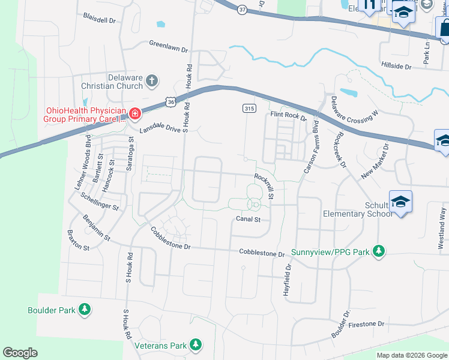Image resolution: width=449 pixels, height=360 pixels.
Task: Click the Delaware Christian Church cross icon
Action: click(x=152, y=80)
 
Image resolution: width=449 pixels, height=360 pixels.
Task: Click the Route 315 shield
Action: click(x=249, y=107)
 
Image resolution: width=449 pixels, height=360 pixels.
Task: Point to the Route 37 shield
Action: click(x=241, y=10)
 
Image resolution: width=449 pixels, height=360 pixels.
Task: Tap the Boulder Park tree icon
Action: click(x=85, y=310)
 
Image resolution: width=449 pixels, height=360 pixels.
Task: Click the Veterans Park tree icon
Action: click(x=195, y=345)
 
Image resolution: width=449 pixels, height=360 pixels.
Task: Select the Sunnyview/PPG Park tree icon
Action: click(x=378, y=251)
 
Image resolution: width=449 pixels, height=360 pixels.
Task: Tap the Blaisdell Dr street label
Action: click(x=99, y=19)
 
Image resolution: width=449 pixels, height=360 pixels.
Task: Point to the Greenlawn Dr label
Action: click(x=168, y=45)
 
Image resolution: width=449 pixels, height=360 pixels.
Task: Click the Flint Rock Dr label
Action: click(x=288, y=115)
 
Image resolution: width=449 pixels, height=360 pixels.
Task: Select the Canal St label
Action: click(x=248, y=220)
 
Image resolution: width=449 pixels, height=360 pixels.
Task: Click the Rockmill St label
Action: click(x=264, y=186)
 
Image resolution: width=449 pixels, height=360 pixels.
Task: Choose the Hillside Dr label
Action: click(x=396, y=65)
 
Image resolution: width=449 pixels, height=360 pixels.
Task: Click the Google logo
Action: click(x=20, y=353)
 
